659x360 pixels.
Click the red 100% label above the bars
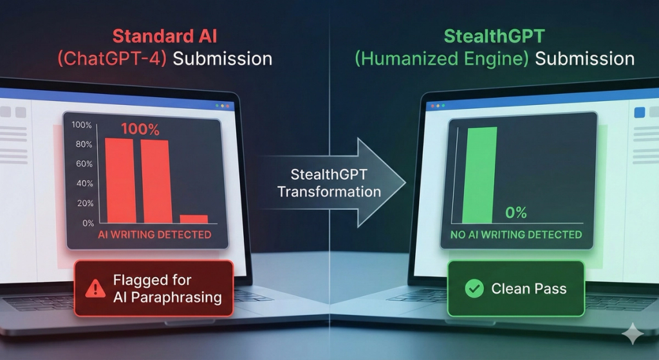pos(140,129)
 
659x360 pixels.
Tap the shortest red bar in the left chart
pos(194,219)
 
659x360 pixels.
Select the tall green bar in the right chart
pos(479,175)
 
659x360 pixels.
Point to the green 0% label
pos(515,213)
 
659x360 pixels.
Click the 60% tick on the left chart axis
pos(84,164)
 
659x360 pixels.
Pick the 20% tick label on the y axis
pos(85,203)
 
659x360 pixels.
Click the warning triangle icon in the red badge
pos(95,289)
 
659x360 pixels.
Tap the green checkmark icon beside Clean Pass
pos(474,289)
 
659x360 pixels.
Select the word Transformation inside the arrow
pos(329,192)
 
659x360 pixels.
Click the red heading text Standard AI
pos(165,36)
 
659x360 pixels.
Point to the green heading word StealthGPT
pos(494,36)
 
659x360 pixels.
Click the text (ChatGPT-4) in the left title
pos(112,59)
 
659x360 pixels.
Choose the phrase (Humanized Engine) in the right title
pos(441,59)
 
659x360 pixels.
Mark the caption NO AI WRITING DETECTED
pos(516,234)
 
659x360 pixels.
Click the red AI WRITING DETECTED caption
pos(154,234)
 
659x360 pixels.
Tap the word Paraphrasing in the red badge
pos(176,298)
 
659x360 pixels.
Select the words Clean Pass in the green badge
pos(529,289)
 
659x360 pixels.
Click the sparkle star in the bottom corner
pos(633,334)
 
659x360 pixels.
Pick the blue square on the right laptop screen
pos(639,112)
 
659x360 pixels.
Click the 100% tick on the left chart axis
pos(82,125)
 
